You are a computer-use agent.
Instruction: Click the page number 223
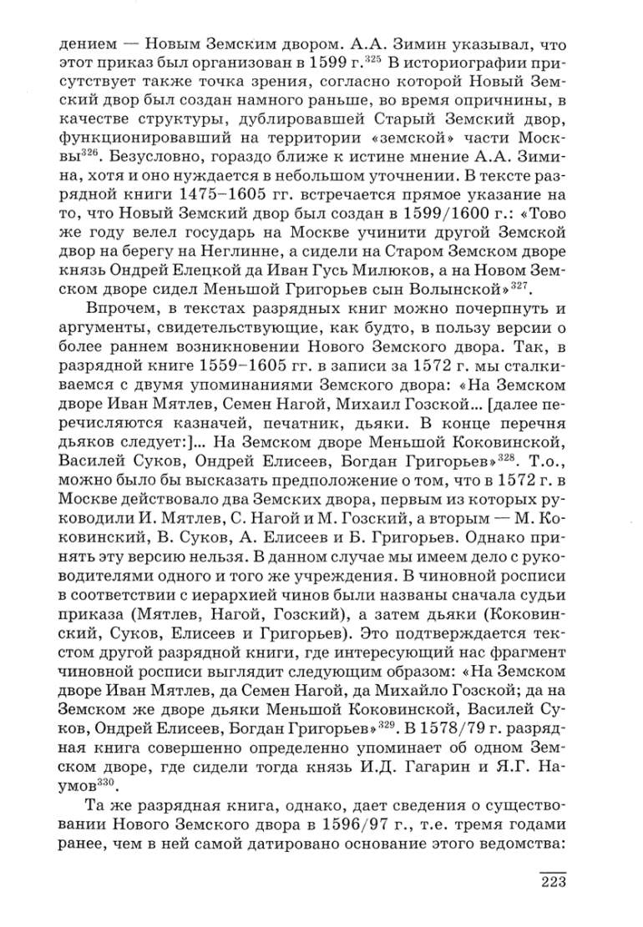tap(552, 884)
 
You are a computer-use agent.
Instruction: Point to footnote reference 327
tap(523, 282)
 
